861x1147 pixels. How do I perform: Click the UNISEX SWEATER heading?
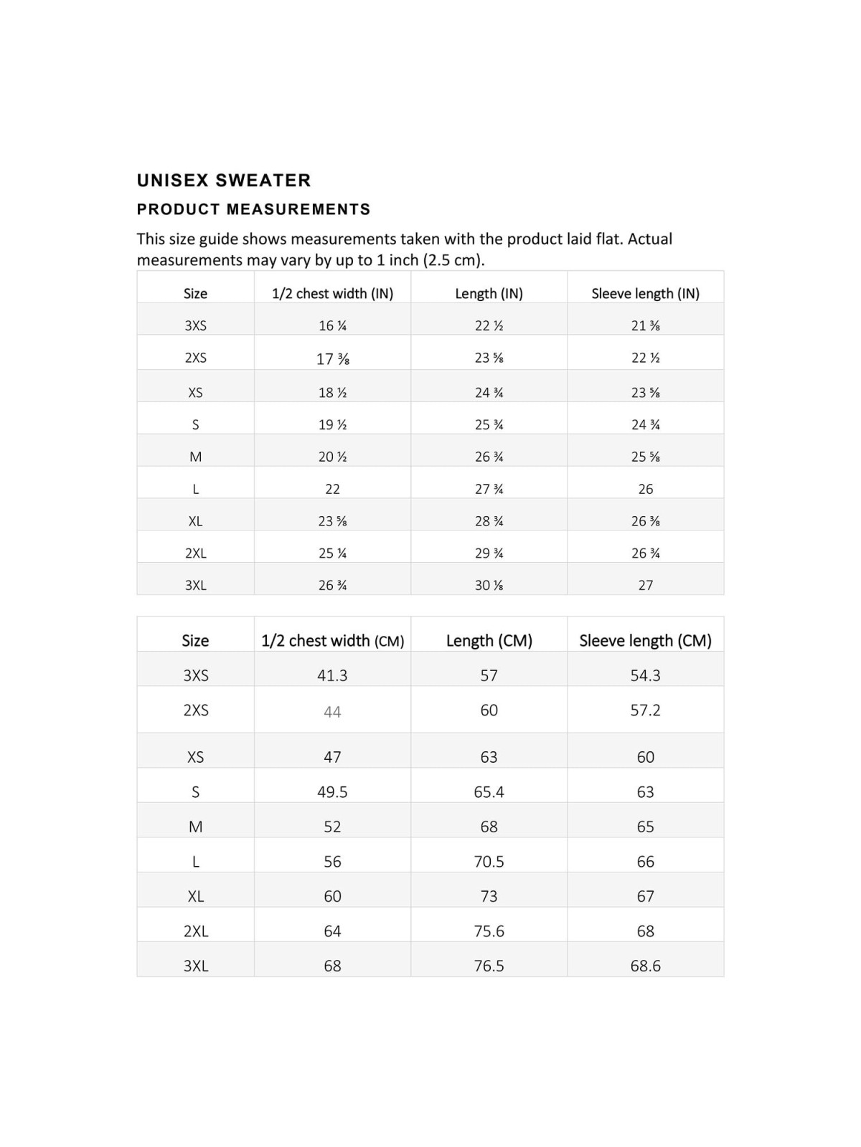[224, 180]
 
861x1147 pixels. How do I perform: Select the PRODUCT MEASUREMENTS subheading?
[253, 209]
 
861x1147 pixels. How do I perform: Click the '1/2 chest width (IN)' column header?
[332, 293]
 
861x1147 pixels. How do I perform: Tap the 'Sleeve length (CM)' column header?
[645, 640]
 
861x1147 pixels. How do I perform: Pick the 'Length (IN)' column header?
[489, 293]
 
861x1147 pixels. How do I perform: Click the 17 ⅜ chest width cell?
[332, 358]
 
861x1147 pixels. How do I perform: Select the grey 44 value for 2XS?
[332, 712]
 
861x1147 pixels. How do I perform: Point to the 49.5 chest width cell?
[332, 791]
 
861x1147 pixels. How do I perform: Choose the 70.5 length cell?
[489, 861]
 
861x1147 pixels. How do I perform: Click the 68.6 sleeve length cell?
[645, 966]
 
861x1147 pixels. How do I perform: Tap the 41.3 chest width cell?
[332, 675]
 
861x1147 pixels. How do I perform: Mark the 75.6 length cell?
[489, 931]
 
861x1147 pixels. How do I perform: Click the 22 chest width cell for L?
[332, 489]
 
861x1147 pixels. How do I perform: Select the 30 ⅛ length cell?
[489, 585]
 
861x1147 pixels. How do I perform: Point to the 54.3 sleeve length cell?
[645, 675]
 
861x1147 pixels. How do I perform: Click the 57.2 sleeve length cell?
[645, 710]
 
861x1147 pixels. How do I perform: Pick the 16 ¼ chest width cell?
[332, 325]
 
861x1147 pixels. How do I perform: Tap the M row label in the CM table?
[195, 827]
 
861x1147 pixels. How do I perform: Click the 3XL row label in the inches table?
[195, 585]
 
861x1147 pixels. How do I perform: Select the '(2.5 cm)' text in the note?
[453, 260]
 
